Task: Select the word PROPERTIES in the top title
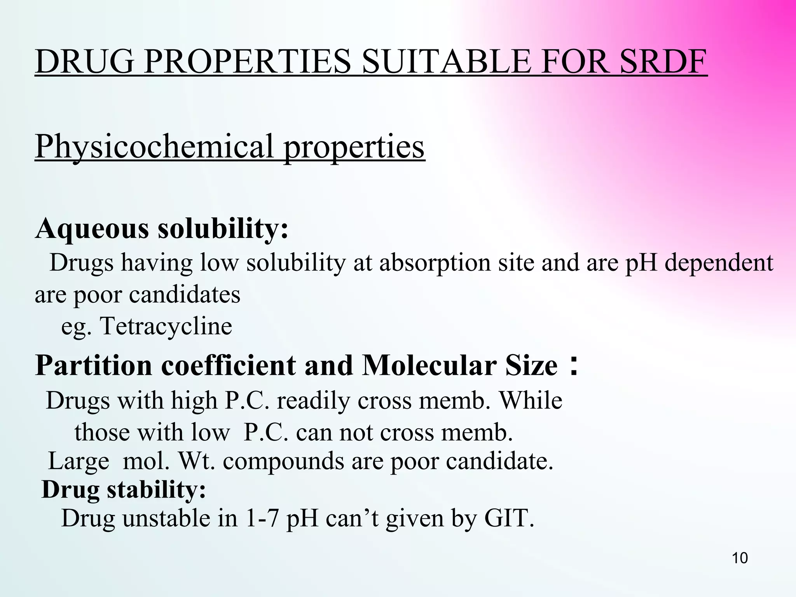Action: (248, 62)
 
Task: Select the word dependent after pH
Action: (719, 263)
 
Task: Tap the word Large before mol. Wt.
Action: (79, 461)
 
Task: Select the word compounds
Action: (283, 461)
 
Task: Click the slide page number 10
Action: (740, 558)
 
